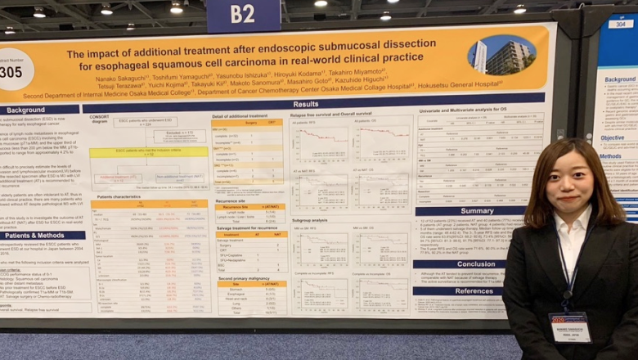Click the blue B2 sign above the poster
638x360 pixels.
[243, 15]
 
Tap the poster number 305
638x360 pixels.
[10, 73]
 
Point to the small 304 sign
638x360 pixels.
[620, 24]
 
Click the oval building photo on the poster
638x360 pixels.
[501, 56]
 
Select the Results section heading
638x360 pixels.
[305, 104]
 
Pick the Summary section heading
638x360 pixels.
[476, 211]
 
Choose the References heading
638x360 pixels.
[474, 290]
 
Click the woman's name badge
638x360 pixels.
[569, 326]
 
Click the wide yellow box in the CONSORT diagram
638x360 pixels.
[148, 152]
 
